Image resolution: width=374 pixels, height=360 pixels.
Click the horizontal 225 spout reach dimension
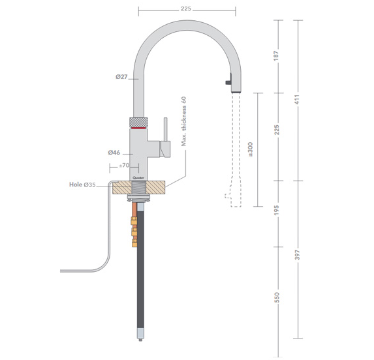(186, 9)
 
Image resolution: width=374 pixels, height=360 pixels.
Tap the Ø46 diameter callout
(114, 152)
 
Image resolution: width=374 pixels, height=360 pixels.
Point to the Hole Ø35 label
(82, 185)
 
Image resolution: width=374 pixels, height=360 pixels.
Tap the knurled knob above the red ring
(140, 122)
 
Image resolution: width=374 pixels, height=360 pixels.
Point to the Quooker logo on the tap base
(139, 175)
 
